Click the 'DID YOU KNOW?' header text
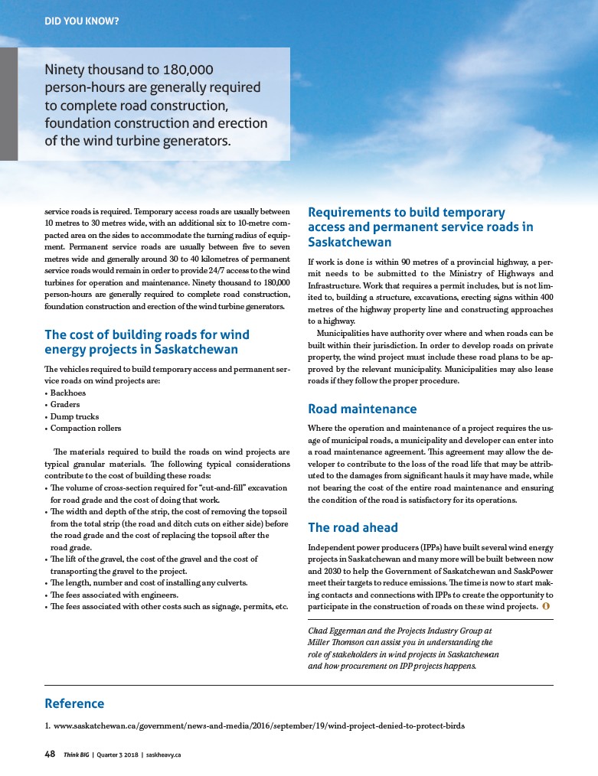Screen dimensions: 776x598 pos(81,21)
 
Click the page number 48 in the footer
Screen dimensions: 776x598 pos(50,754)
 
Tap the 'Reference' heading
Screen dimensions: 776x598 pos(74,703)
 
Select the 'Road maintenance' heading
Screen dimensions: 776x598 pos(362,409)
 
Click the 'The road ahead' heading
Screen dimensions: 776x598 pos(353,527)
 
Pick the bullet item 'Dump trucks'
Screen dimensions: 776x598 pos(74,416)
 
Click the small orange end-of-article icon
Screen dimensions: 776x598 pos(545,607)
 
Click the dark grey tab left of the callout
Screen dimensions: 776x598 pos(8,104)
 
